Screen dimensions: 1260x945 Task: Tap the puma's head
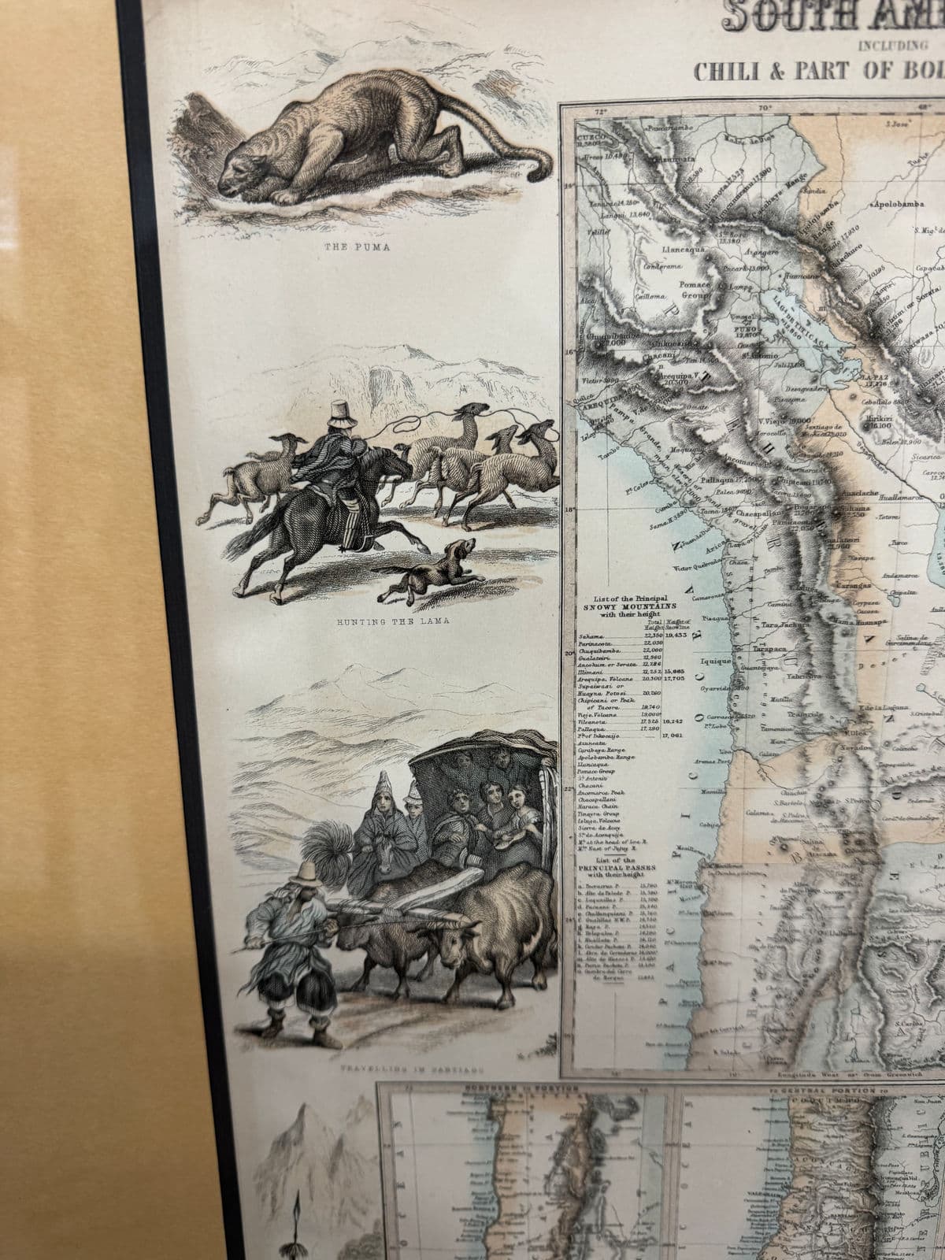[244, 172]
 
